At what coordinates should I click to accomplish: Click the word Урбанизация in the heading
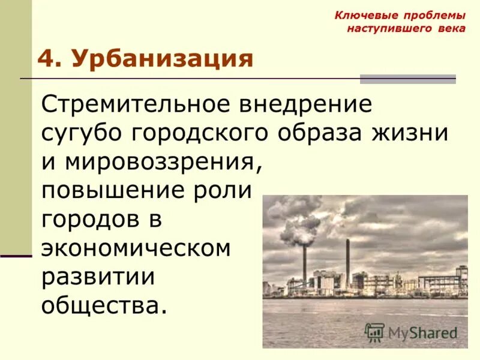click(x=162, y=59)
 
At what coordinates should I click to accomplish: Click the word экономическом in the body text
click(x=136, y=248)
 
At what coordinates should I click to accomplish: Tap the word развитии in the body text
click(x=98, y=277)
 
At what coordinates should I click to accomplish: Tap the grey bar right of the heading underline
click(x=407, y=79)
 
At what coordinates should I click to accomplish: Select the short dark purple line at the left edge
click(x=16, y=256)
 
